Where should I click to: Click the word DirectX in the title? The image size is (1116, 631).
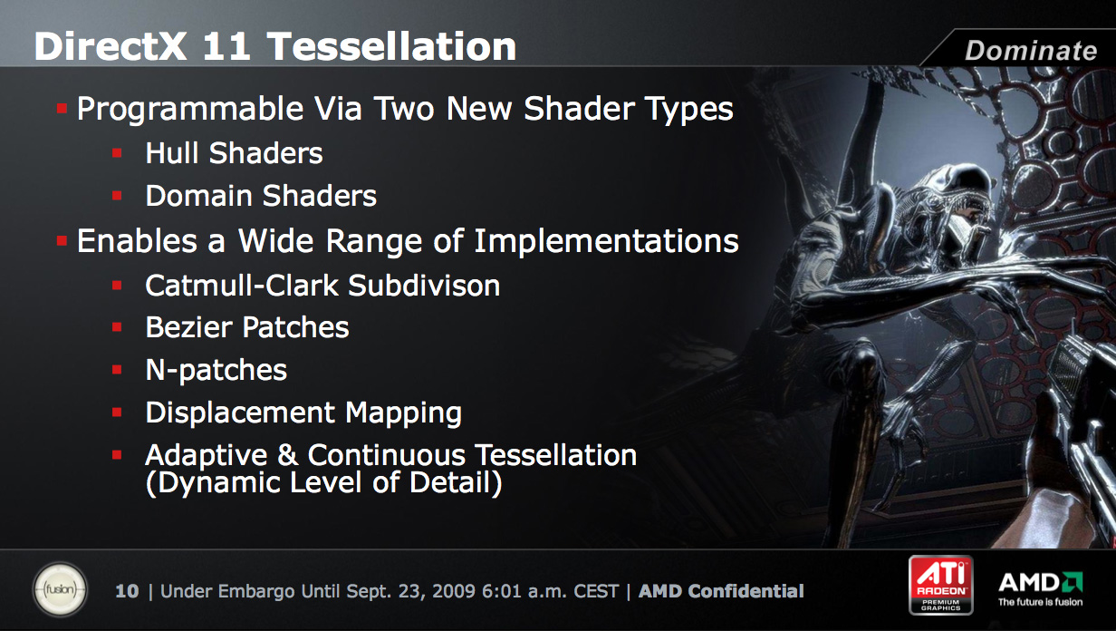(x=111, y=46)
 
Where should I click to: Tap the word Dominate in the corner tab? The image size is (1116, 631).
(x=1031, y=51)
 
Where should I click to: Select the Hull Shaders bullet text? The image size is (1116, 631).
(x=234, y=152)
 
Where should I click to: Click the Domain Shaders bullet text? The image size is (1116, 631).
(x=261, y=195)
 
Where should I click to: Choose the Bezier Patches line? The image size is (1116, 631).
(x=247, y=327)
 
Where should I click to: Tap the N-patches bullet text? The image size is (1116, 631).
(x=216, y=370)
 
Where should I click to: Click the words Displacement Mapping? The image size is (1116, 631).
(x=303, y=413)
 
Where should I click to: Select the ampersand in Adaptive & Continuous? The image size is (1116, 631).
(x=287, y=455)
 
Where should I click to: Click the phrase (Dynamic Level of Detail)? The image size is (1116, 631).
(x=324, y=482)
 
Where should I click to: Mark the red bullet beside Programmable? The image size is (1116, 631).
(x=62, y=109)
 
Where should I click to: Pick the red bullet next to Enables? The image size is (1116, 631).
(x=62, y=241)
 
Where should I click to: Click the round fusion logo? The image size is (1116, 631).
(x=61, y=589)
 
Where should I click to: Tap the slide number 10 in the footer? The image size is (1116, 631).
(x=127, y=591)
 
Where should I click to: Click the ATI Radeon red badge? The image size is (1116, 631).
(x=940, y=585)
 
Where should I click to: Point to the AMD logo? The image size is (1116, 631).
(x=1040, y=588)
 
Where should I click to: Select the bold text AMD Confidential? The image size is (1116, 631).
(x=721, y=591)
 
